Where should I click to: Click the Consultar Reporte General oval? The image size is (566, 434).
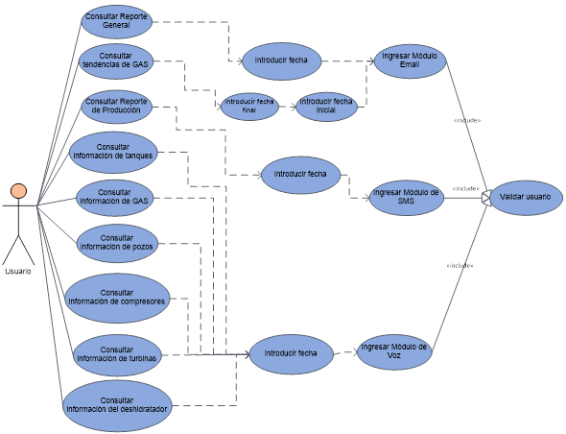pyautogui.click(x=116, y=21)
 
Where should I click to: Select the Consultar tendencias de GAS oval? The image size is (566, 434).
pyautogui.click(x=116, y=61)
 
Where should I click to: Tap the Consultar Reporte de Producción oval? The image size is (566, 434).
pyautogui.click(x=116, y=107)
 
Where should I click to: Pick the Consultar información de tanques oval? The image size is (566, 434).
pyautogui.click(x=113, y=152)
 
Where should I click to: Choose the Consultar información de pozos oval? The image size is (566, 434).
pyautogui.click(x=117, y=243)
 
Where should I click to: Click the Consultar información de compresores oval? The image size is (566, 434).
pyautogui.click(x=117, y=298)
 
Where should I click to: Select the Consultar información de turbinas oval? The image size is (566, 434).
pyautogui.click(x=117, y=355)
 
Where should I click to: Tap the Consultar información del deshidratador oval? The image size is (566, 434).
pyautogui.click(x=117, y=405)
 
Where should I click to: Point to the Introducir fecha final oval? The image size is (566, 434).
pyautogui.click(x=249, y=107)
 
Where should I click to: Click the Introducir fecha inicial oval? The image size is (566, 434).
pyautogui.click(x=326, y=107)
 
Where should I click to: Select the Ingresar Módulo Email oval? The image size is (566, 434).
pyautogui.click(x=410, y=60)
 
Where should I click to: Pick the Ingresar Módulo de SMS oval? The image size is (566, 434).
pyautogui.click(x=407, y=198)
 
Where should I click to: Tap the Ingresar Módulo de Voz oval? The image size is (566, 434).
pyautogui.click(x=394, y=351)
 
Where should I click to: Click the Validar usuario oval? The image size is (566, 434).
pyautogui.click(x=526, y=197)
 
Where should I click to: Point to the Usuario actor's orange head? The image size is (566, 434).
pyautogui.click(x=18, y=191)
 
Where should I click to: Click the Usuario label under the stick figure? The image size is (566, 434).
pyautogui.click(x=18, y=272)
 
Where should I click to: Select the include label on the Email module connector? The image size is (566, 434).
pyautogui.click(x=467, y=120)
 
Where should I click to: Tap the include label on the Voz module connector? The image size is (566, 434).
pyautogui.click(x=460, y=266)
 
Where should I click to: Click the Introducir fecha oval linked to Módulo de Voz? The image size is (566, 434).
pyautogui.click(x=291, y=353)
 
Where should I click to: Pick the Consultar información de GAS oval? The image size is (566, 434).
pyautogui.click(x=114, y=198)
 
